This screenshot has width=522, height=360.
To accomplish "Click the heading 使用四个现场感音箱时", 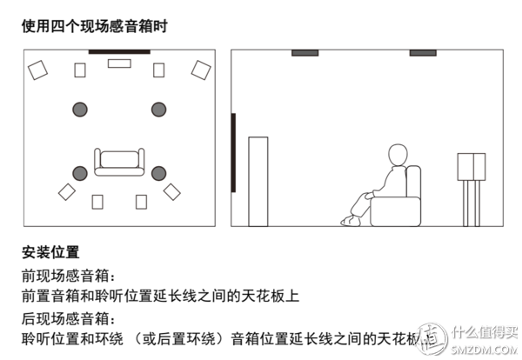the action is tap(93, 25).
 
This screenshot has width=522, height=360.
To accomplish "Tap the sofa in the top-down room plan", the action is tap(118, 163).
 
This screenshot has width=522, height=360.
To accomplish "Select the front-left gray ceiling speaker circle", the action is tap(80, 110).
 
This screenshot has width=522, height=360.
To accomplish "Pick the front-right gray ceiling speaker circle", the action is tap(158, 110).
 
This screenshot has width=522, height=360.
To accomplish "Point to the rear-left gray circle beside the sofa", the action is tap(80, 172).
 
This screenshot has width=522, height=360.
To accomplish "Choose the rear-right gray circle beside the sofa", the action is tap(158, 172).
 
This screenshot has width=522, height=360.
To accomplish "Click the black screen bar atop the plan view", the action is tap(119, 52).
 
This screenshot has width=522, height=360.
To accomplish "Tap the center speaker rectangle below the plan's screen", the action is tap(119, 63).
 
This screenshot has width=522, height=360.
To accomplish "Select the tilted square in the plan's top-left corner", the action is tap(37, 70).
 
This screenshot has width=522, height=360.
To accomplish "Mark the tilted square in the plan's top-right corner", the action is tap(201, 70).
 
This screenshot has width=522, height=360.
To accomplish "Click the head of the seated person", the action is tap(397, 157).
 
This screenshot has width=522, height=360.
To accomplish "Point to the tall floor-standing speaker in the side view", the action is tap(258, 181).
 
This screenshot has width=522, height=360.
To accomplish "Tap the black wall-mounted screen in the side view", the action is tap(233, 152).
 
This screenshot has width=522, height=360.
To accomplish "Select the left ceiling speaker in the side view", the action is tap(304, 53).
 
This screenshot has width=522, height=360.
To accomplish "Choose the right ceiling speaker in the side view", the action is tap(423, 53).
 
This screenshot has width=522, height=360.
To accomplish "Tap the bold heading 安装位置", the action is tap(50, 252).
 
